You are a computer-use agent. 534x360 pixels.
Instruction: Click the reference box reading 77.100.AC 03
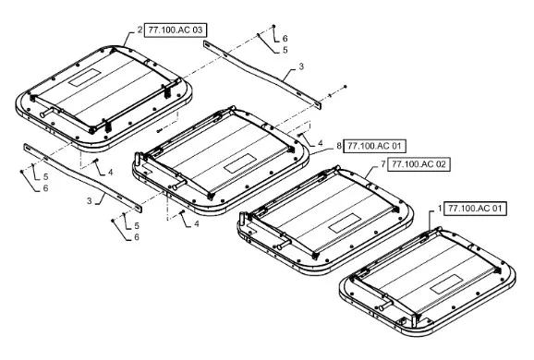(176, 30)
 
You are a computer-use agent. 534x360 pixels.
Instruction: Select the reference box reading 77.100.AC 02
(419, 164)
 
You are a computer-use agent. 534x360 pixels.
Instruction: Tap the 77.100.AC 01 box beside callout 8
(374, 147)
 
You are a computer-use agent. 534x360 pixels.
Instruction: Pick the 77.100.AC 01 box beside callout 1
(475, 209)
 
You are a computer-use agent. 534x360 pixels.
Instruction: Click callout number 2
(140, 30)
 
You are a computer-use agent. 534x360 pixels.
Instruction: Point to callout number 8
(339, 146)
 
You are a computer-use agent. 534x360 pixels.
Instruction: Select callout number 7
(383, 164)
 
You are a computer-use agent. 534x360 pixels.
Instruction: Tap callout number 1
(440, 209)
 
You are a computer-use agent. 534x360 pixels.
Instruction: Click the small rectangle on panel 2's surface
(85, 78)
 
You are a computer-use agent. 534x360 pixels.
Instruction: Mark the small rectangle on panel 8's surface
(241, 162)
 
